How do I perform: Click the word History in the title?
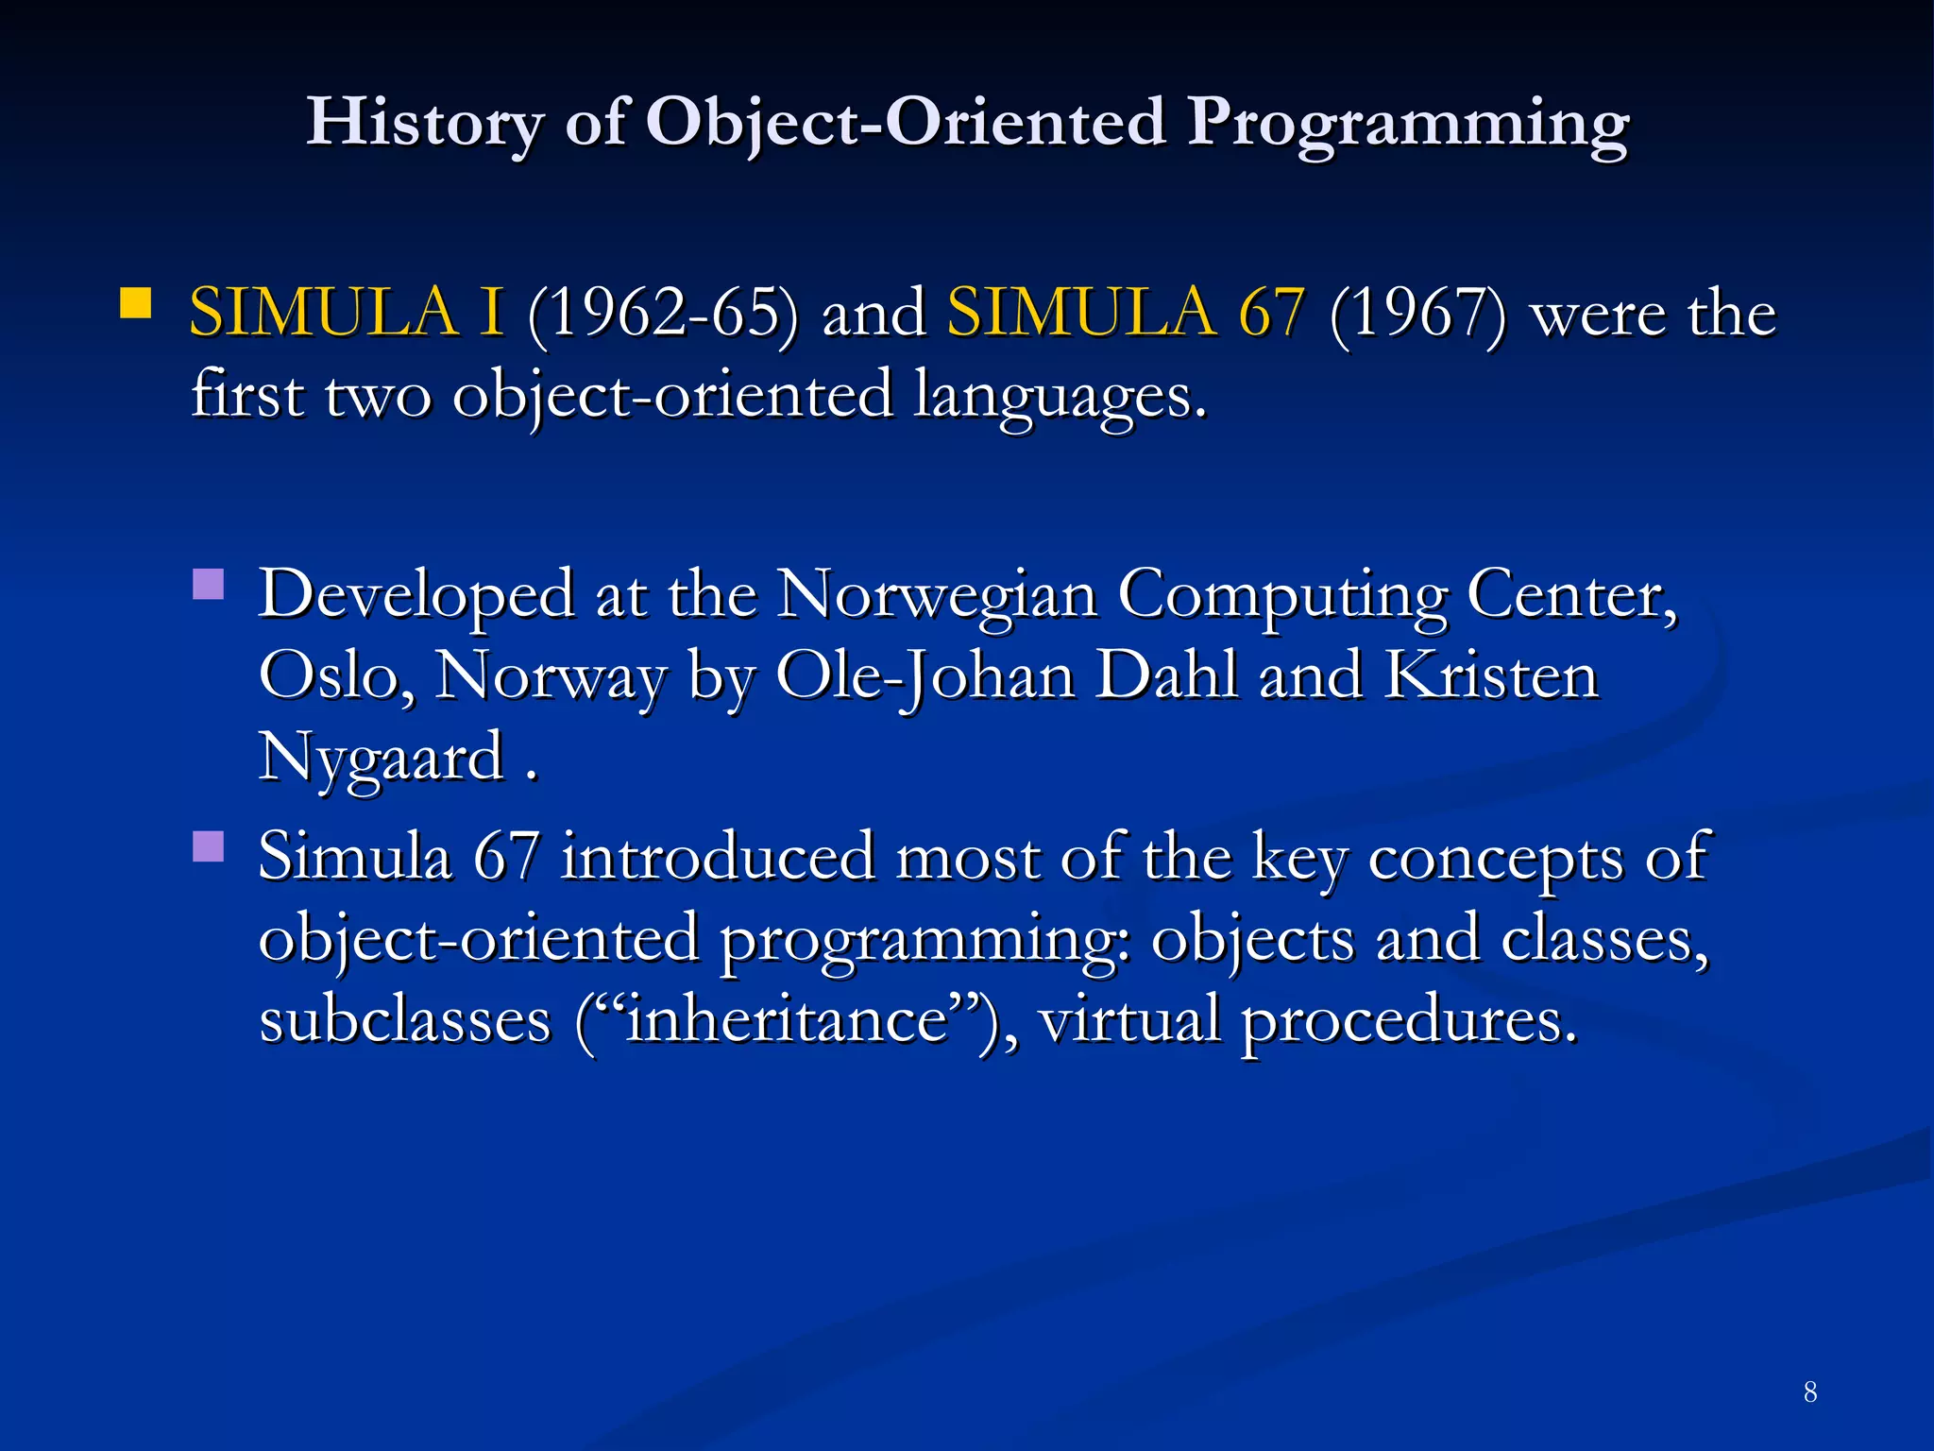(424, 123)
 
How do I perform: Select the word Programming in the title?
(1407, 123)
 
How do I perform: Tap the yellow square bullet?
(136, 304)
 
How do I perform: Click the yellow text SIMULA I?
(347, 312)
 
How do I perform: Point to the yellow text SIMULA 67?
(1126, 312)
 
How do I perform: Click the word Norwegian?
(938, 595)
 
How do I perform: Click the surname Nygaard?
(382, 759)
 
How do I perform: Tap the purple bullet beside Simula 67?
(208, 846)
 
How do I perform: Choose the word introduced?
(717, 857)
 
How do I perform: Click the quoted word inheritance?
(787, 1021)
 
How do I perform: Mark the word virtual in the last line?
(1129, 1021)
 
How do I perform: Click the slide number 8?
(1809, 1391)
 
